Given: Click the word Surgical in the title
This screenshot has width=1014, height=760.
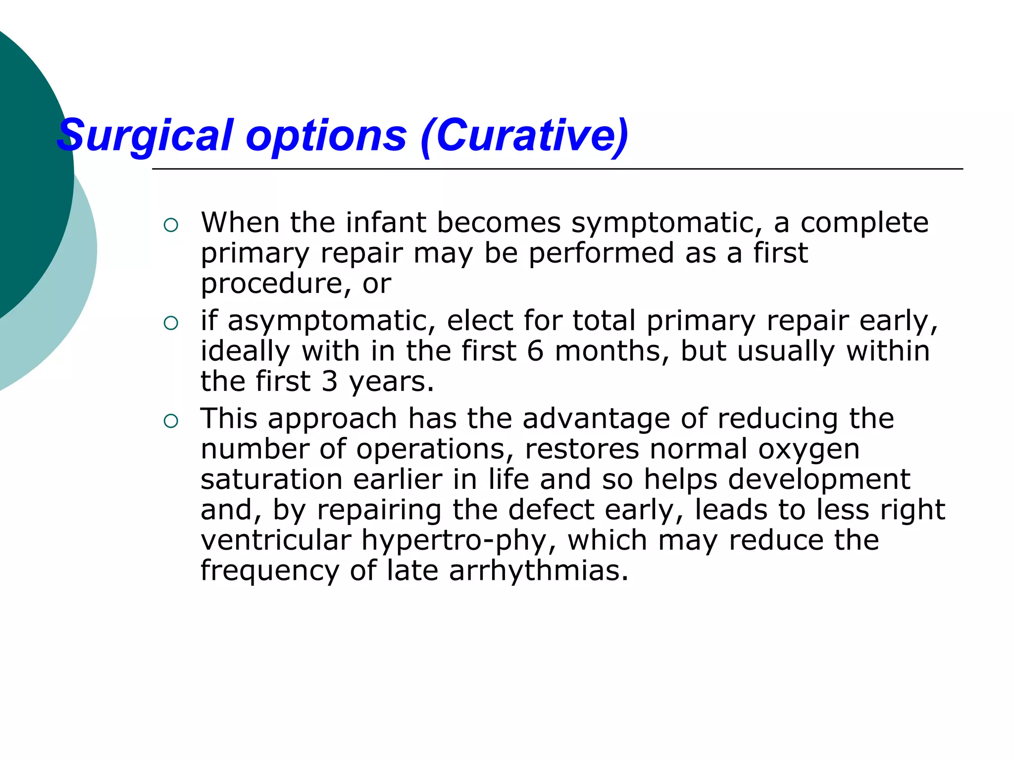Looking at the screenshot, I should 145,135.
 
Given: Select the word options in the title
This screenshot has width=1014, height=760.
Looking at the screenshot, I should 326,136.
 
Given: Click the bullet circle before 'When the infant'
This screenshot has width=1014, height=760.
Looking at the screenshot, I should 170,226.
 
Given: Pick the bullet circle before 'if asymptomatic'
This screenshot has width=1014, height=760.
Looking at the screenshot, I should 170,324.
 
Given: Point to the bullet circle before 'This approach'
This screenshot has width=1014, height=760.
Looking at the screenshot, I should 170,422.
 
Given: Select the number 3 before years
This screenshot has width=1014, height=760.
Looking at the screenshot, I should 329,381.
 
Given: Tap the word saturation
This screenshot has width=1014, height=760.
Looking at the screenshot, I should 271,479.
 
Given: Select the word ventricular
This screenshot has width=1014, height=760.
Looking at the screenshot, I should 276,540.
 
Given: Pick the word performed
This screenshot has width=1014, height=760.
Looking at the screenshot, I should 601,253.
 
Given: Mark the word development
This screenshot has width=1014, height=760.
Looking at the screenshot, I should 819,480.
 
